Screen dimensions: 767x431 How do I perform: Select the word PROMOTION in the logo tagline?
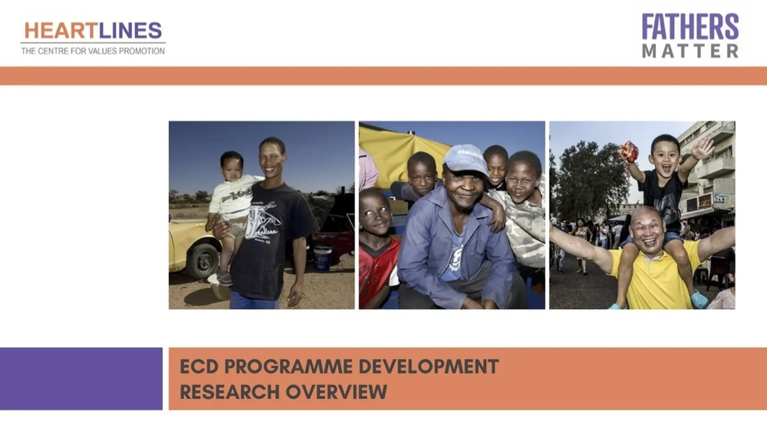tap(142, 51)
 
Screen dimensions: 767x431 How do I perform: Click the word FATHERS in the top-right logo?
tap(690, 26)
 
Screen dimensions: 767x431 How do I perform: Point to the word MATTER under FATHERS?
tap(690, 51)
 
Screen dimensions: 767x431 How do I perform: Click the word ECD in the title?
tap(199, 367)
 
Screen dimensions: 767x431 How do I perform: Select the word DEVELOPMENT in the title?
tap(429, 367)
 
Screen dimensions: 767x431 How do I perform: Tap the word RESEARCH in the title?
tap(230, 392)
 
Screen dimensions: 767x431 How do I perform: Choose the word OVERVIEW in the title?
tap(336, 392)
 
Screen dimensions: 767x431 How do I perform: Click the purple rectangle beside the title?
tap(81, 379)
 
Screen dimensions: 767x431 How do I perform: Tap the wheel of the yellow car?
tap(202, 261)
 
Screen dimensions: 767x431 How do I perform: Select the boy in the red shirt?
tap(378, 249)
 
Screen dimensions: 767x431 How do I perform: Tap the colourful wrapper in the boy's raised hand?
tap(628, 152)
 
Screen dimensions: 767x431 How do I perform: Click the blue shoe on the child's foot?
tap(699, 299)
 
